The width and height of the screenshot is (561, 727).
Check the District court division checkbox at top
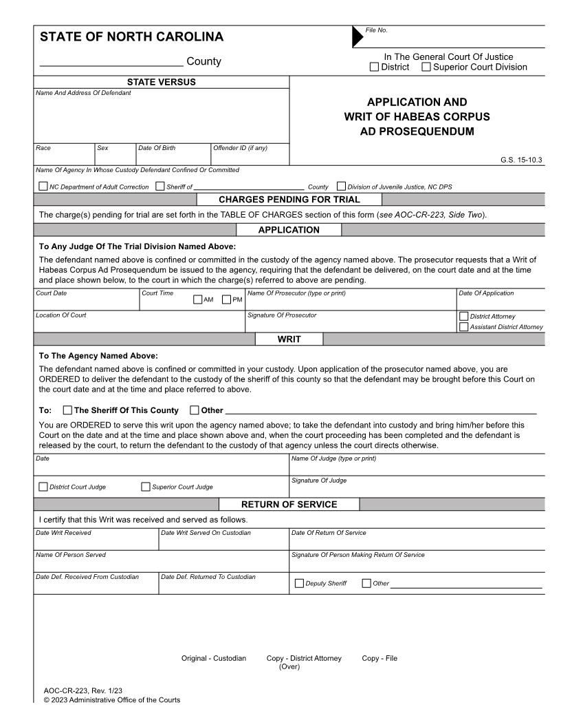point(374,67)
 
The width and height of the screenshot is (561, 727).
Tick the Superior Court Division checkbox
point(426,67)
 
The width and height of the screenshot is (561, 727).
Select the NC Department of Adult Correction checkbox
point(44,186)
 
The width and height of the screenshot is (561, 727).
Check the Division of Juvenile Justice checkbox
point(341,186)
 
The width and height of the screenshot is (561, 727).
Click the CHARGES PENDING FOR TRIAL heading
point(289,200)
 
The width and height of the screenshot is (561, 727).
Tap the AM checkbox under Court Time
point(198,299)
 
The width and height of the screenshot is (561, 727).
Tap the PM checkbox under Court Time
point(226,299)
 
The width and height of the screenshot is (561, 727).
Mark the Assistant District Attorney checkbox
point(463,327)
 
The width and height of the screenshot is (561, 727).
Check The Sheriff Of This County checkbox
point(67,411)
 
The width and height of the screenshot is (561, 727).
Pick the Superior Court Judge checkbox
point(146,487)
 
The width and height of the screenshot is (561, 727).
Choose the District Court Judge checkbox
point(44,487)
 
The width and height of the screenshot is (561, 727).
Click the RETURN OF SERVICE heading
point(289,505)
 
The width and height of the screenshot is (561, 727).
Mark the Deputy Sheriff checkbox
point(299,584)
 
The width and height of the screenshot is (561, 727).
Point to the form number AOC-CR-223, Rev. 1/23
point(82,690)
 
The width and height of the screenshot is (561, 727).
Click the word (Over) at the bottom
point(289,666)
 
